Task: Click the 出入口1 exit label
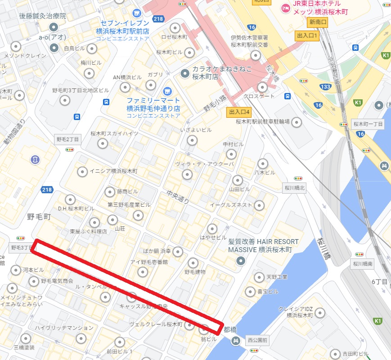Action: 307,36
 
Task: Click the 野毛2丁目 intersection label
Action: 67,139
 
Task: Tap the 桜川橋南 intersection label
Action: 363,264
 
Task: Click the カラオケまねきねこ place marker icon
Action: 184,73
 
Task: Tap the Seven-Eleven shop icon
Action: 137,13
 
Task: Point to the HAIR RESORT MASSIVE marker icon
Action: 241,260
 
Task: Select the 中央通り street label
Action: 177,196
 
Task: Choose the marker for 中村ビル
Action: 231,154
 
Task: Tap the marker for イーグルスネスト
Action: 259,205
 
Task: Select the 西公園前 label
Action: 257,340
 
